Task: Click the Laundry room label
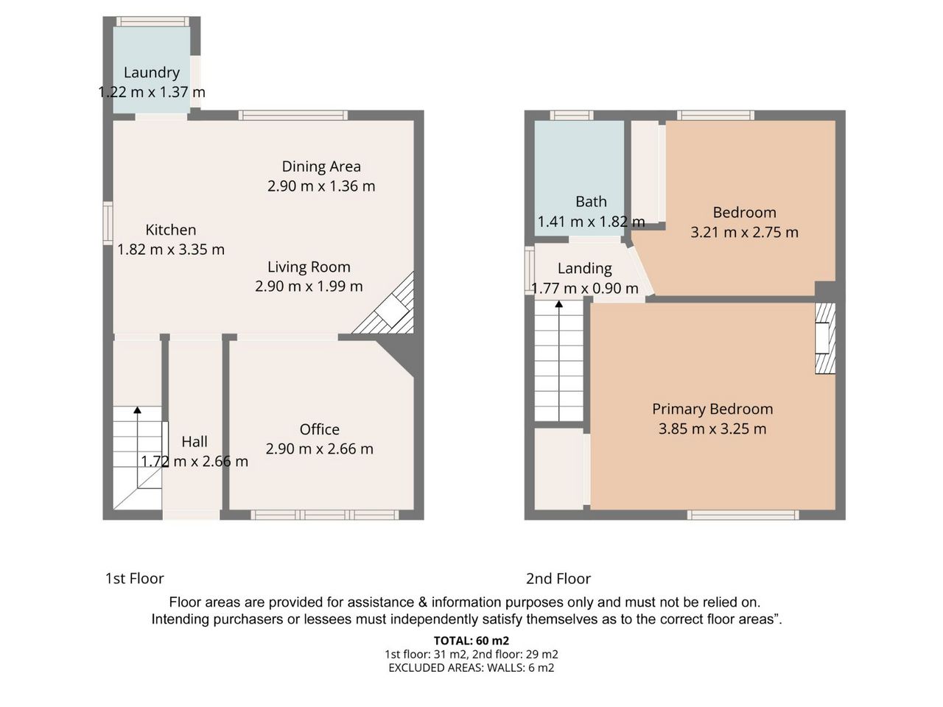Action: tap(151, 73)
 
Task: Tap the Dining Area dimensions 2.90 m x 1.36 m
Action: tap(321, 186)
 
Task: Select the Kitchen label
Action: tap(171, 230)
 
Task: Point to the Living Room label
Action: tap(309, 267)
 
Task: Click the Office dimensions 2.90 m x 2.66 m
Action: tap(319, 449)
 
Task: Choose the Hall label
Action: tap(194, 441)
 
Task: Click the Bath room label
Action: tap(591, 201)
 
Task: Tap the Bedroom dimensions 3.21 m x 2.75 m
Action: tap(744, 232)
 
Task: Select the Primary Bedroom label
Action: tap(712, 409)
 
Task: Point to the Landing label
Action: tap(585, 269)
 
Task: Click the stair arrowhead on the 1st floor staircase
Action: tap(137, 410)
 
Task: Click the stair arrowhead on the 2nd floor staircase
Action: tap(559, 304)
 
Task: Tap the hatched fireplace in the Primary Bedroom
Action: tap(825, 338)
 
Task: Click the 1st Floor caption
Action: tap(135, 579)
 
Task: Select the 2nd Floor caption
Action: tap(558, 579)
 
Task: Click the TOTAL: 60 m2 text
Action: tap(471, 641)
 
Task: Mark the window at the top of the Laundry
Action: tap(153, 21)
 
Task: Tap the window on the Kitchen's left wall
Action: tap(108, 223)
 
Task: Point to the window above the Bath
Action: tap(572, 115)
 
